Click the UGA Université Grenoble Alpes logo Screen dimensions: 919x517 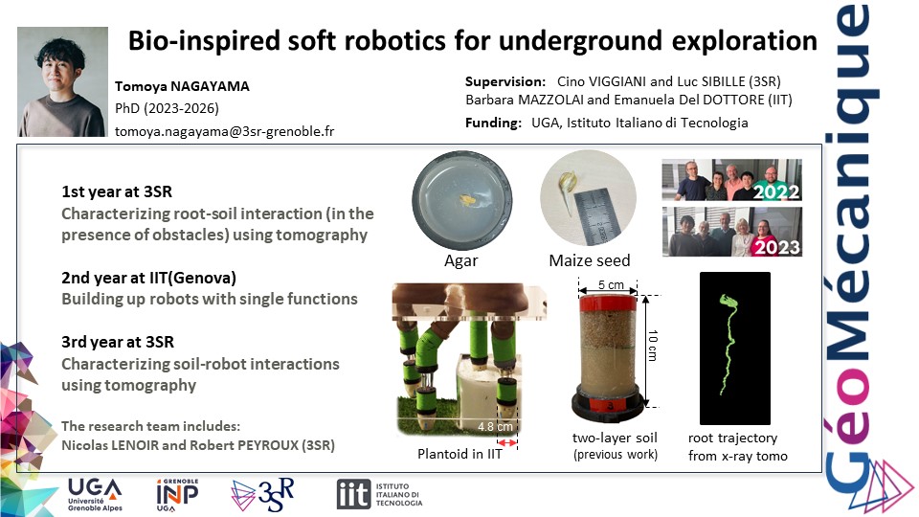tap(95, 495)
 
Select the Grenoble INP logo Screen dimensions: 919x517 tap(177, 495)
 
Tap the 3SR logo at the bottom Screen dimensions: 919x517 tap(262, 495)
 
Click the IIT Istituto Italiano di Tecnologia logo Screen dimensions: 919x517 tap(379, 494)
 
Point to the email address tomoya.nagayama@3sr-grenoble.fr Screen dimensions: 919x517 tap(224, 131)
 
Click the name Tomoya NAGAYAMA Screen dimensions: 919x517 tap(182, 86)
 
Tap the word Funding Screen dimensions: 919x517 tap(493, 123)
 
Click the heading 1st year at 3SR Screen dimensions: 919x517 tap(117, 191)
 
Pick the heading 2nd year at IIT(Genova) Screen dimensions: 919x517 tap(149, 278)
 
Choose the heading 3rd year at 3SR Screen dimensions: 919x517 tap(118, 342)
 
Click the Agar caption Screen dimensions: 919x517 tap(461, 260)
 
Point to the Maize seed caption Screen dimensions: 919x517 tap(590, 260)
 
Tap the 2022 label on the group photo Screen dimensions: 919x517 tap(776, 191)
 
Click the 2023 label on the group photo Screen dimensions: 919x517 tap(777, 247)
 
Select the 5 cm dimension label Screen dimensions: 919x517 tap(611, 285)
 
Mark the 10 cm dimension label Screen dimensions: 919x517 tap(653, 346)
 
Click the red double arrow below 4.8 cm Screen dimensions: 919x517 tap(507, 442)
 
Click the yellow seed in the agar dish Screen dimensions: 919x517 tap(467, 200)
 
